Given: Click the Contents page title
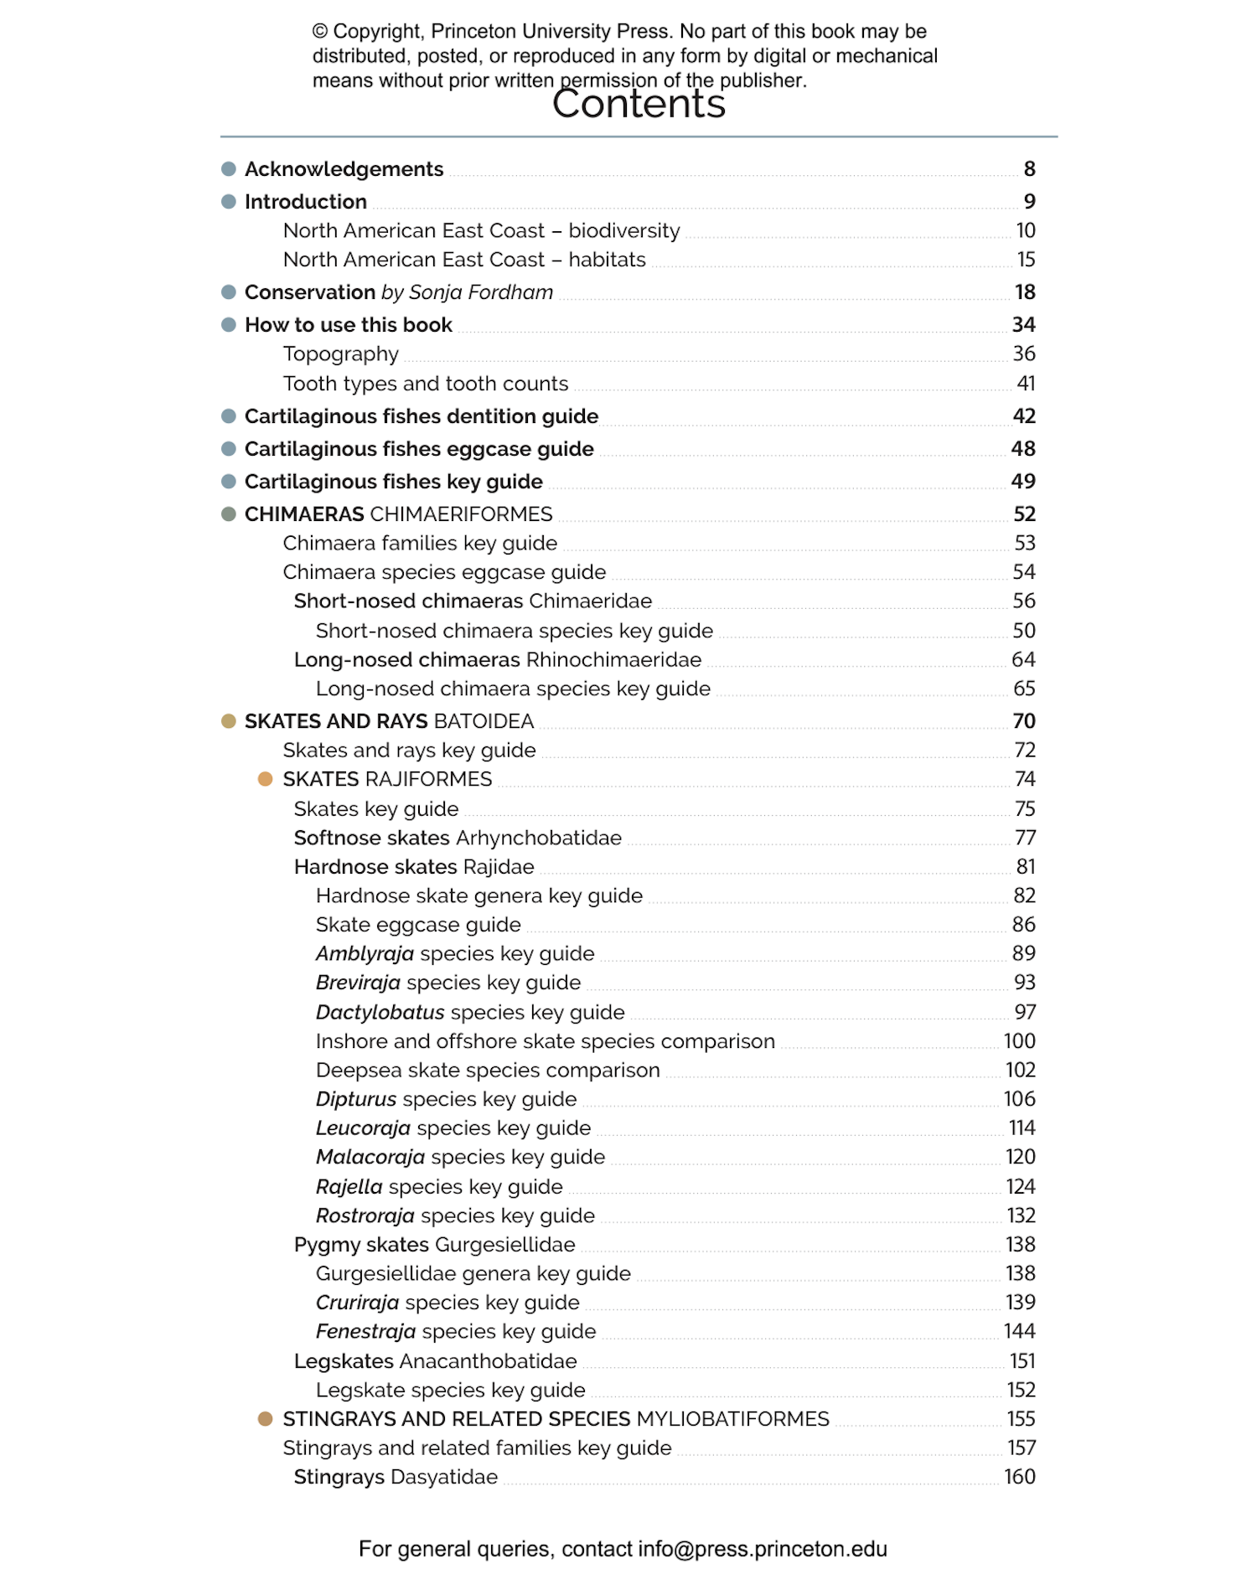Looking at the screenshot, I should [639, 105].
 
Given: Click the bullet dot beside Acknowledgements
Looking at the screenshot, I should [229, 169].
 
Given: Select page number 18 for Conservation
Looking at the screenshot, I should [1025, 292].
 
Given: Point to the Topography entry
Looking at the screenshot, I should [341, 354].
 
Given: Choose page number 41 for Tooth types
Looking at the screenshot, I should [1026, 384].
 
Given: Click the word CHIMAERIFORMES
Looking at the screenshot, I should [462, 514].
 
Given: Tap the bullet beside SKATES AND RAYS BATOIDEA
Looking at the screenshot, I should [229, 721].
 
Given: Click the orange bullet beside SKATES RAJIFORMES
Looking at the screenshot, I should [266, 779].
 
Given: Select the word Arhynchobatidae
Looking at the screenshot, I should [539, 838].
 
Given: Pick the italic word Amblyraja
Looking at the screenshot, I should [365, 954].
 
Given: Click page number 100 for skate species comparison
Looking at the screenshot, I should [1020, 1041].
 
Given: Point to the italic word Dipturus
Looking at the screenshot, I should [356, 1099].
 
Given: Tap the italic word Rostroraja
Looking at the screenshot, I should [365, 1215].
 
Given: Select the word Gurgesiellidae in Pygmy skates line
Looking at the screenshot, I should [505, 1245].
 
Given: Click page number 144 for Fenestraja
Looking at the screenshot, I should [1020, 1331].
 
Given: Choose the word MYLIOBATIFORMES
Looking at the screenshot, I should [733, 1419].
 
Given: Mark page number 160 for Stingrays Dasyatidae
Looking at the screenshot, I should [1020, 1477].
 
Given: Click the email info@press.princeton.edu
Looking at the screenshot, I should [763, 1549].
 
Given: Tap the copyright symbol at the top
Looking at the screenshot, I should [320, 32].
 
